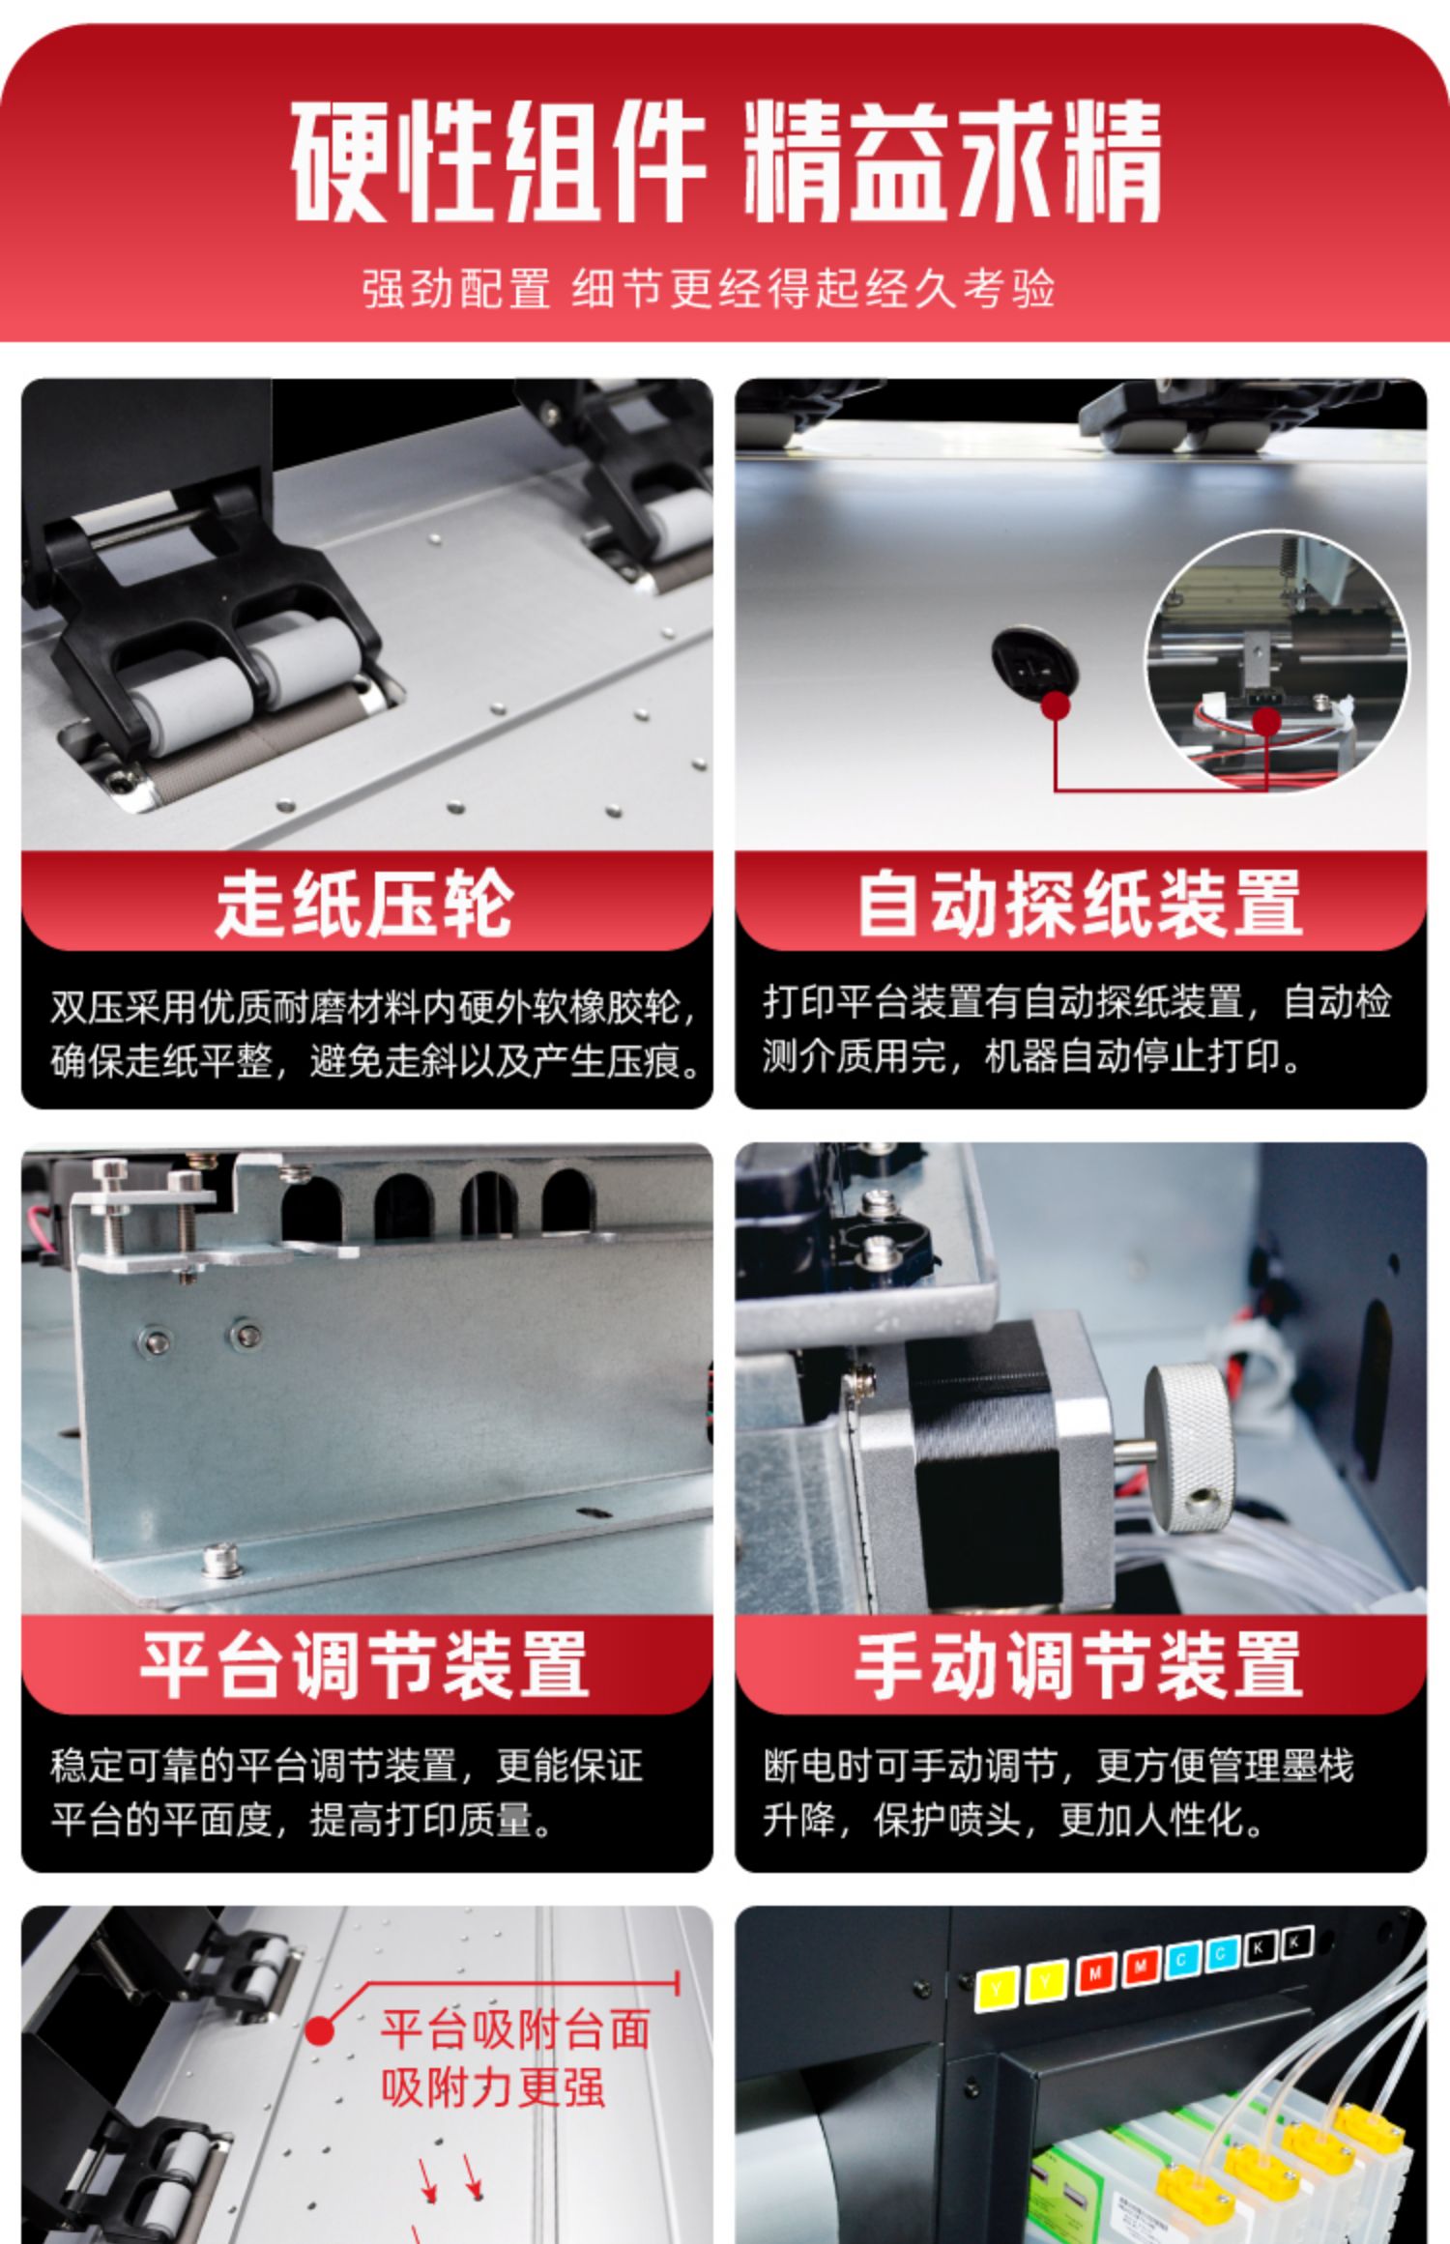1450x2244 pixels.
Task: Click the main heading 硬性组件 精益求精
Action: tap(725, 161)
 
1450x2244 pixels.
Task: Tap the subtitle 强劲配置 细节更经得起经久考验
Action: tap(709, 288)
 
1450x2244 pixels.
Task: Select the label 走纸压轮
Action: tap(364, 904)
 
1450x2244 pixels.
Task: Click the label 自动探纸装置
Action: tap(1080, 904)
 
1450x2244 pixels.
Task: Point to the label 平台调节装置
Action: tap(364, 1664)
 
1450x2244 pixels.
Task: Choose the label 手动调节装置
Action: tap(1080, 1664)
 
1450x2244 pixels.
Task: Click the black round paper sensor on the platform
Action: tap(1027, 662)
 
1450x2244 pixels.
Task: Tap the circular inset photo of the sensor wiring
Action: tap(1277, 661)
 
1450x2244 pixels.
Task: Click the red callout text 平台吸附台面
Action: tap(515, 2028)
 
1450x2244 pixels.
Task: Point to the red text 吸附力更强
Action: tap(492, 2086)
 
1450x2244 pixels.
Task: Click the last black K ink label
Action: tap(1296, 1941)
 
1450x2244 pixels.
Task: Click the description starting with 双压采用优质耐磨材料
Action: tap(375, 1035)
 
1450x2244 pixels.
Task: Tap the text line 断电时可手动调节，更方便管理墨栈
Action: tap(1058, 1766)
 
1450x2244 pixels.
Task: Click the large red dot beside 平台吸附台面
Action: tap(320, 2030)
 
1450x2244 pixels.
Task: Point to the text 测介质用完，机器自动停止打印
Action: tap(1031, 1056)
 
